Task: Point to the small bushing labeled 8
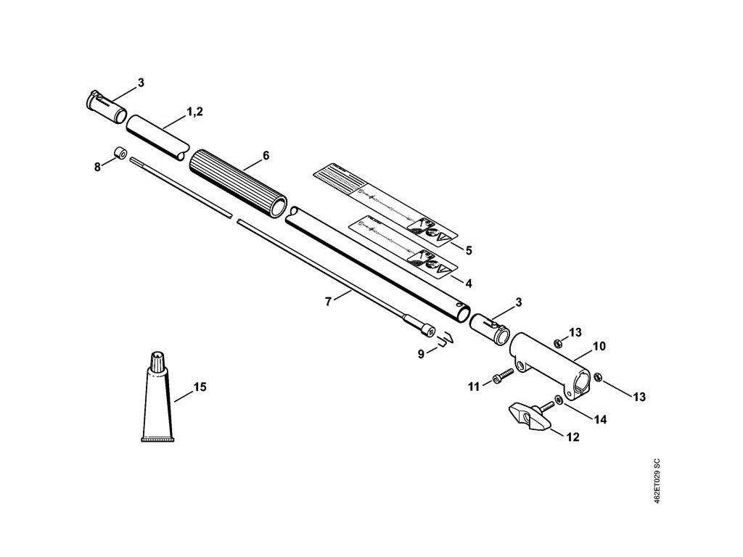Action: point(120,154)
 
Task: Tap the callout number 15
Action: point(200,387)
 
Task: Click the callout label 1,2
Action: point(194,112)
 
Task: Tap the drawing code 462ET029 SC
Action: point(657,482)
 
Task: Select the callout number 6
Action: point(266,155)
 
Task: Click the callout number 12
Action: point(573,438)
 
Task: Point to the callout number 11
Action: point(473,387)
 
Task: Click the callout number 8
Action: point(97,167)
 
